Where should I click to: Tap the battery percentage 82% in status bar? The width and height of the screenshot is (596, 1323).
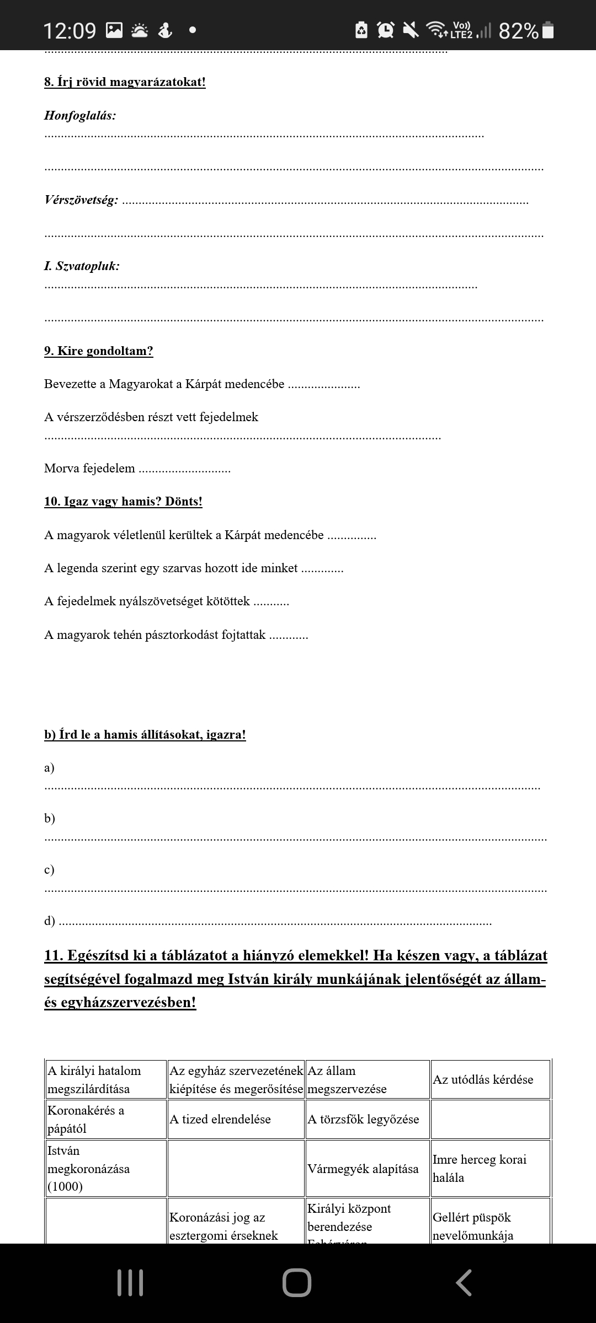(518, 31)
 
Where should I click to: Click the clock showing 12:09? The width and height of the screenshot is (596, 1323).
(70, 31)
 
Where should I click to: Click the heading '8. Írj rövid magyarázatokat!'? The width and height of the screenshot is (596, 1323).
(125, 82)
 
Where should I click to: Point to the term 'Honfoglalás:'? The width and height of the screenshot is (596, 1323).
(80, 116)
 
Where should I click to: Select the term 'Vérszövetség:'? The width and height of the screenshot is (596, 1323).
(81, 200)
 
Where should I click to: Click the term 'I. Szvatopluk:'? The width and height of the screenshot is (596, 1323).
(82, 266)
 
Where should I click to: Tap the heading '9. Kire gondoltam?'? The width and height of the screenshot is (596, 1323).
(99, 351)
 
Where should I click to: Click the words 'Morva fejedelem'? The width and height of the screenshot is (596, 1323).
(89, 469)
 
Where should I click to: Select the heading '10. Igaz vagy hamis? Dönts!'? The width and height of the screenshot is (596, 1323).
(123, 502)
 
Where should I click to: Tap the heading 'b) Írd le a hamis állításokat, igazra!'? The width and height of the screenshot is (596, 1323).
(145, 735)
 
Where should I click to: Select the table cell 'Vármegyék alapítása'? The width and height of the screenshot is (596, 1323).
(363, 1169)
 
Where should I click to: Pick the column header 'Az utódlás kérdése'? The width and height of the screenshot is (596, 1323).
(483, 1080)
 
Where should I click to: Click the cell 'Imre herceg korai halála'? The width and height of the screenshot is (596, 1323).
(480, 1168)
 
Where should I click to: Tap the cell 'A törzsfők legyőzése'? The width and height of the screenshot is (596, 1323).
(363, 1120)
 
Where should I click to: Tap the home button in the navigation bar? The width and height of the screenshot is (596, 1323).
(297, 1283)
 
